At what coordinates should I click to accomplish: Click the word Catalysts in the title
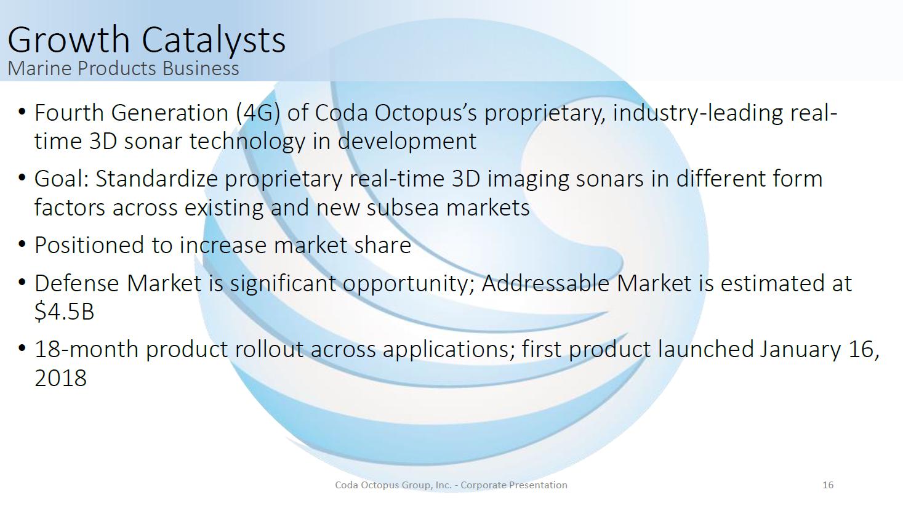(213, 40)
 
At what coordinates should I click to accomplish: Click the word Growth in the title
(68, 39)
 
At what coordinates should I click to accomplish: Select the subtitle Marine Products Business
(123, 68)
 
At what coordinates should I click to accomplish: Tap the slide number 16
(828, 485)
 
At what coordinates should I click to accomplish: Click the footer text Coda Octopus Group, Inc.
(393, 485)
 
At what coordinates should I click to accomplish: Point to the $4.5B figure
(64, 312)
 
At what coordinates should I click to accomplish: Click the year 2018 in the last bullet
(60, 378)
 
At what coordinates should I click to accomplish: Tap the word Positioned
(89, 245)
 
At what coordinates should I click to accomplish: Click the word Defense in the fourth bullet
(76, 283)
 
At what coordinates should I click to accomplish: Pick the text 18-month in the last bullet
(87, 349)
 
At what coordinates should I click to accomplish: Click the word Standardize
(156, 179)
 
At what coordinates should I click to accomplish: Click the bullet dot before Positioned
(22, 244)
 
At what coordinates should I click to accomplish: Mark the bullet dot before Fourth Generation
(22, 111)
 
